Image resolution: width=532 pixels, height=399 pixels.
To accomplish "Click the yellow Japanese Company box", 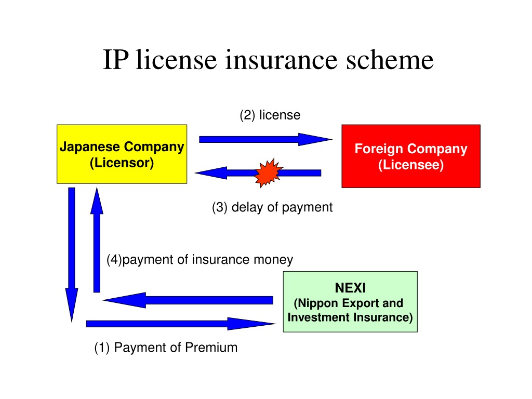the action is [122, 154].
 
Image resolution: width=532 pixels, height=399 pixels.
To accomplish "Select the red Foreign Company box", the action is [411, 156].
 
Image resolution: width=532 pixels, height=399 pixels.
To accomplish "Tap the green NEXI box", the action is [350, 302].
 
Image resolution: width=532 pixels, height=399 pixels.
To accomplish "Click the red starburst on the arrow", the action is [269, 172].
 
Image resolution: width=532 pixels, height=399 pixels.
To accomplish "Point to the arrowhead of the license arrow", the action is [315, 139].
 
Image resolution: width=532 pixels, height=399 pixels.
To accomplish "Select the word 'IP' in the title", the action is [116, 59].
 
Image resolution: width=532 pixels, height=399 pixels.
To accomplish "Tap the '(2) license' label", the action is [270, 115].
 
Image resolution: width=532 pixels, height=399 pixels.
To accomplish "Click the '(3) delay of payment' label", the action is [272, 207].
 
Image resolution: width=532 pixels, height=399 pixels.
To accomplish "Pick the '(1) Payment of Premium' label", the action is [166, 348].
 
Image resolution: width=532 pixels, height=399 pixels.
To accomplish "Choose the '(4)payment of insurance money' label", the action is [200, 260].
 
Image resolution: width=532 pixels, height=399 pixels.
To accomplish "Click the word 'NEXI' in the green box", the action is [350, 288].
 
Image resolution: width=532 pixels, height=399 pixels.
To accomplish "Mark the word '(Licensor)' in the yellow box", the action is [122, 163].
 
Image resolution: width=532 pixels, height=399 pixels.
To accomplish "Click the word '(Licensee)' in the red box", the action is [411, 165].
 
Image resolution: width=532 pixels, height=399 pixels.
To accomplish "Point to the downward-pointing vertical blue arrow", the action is [72, 255].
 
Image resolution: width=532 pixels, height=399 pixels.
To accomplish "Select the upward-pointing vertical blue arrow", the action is [97, 240].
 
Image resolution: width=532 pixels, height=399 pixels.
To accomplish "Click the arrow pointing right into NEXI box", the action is [181, 324].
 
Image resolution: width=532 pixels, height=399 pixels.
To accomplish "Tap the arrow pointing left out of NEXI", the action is [188, 300].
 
